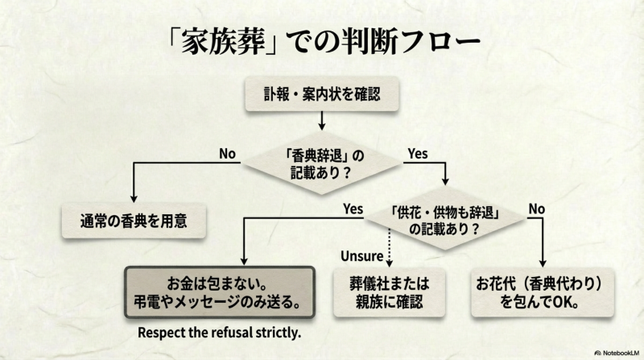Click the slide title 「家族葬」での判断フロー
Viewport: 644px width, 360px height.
321,39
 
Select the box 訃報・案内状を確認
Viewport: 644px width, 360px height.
321,95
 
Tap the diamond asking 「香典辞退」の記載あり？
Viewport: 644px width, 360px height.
321,162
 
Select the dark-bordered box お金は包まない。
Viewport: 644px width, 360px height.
218,294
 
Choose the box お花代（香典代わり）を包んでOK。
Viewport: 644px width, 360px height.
546,294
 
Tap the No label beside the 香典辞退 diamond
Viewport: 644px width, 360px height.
228,154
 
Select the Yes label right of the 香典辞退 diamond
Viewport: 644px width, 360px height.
417,153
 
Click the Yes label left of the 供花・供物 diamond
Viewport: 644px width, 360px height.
353,209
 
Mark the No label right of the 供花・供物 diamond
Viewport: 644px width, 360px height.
536,209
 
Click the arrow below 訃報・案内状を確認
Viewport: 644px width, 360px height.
321,121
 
